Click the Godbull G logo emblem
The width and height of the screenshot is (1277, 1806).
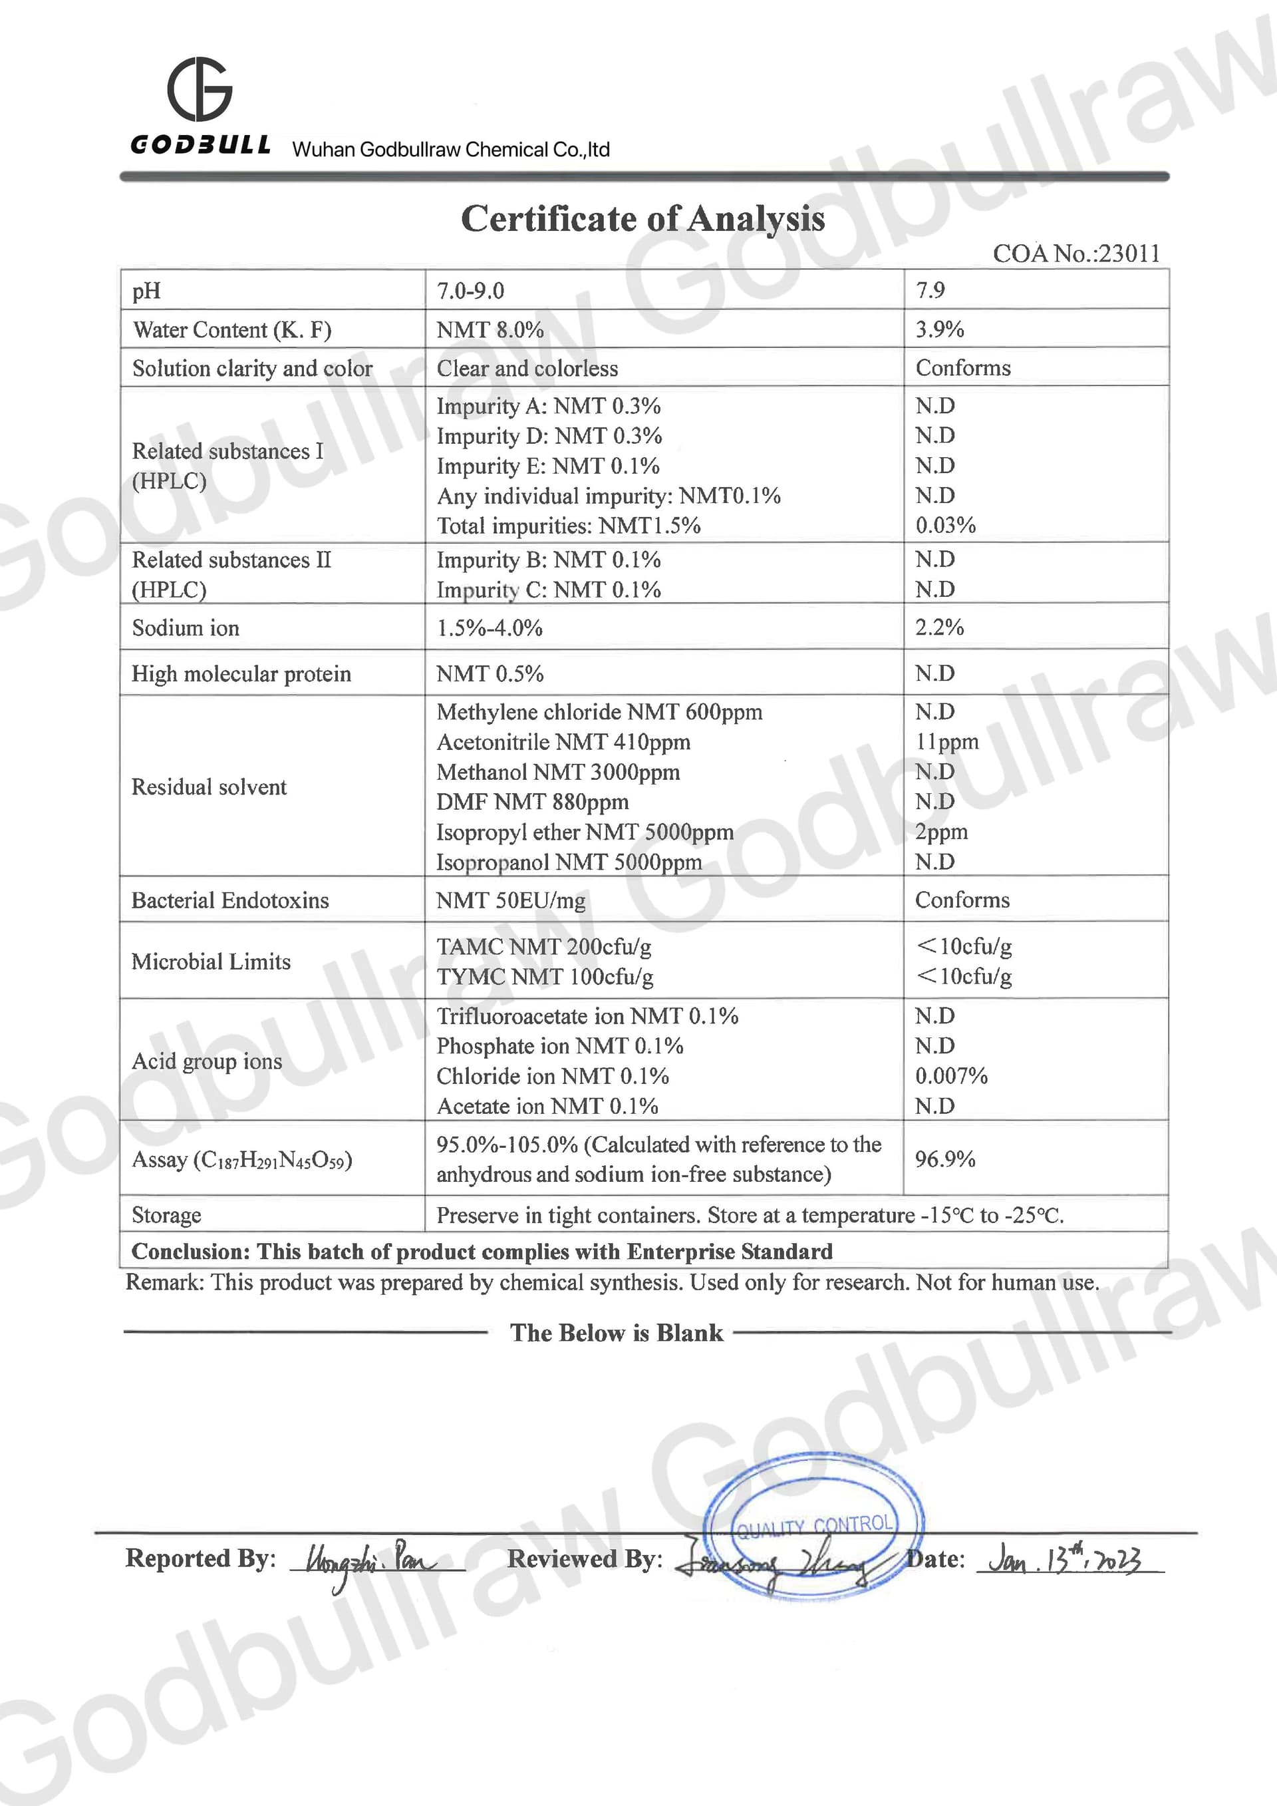coord(200,89)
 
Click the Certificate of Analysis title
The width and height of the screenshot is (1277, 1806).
coord(642,219)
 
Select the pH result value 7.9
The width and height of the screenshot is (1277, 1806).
coord(930,290)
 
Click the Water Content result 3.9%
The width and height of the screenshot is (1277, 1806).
coord(940,329)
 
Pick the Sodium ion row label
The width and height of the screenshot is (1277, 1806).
coord(186,628)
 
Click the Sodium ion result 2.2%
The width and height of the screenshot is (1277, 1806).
coord(939,627)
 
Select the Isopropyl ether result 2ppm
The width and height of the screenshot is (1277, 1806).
coord(941,831)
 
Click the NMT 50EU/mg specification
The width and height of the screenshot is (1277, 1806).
coord(511,900)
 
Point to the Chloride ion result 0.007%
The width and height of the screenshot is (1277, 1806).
coord(950,1075)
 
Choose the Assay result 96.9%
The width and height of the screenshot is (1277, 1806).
coord(944,1159)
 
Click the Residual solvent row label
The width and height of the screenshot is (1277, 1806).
coord(209,787)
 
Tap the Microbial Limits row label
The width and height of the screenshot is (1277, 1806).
coord(211,961)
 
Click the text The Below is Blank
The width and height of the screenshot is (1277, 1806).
coord(617,1332)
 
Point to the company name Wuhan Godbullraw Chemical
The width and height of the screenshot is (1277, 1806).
coord(450,150)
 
